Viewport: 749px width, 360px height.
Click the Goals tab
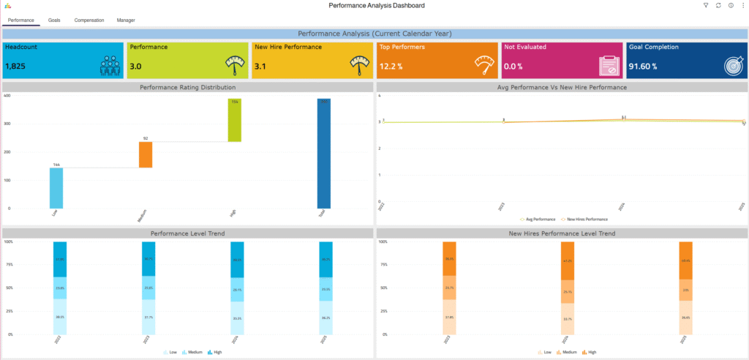(54, 20)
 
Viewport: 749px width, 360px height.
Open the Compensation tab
(89, 20)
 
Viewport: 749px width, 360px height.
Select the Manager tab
(126, 20)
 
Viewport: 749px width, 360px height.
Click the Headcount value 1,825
(15, 67)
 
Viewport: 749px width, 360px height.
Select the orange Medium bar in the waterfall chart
(146, 154)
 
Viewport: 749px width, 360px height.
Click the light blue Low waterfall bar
(56, 188)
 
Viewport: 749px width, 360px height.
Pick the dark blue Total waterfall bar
(323, 154)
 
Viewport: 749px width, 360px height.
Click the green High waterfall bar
(234, 120)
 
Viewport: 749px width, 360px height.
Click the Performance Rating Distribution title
(188, 88)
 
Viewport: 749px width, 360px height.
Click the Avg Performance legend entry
(540, 219)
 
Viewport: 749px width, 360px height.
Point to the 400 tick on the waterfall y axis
(7, 96)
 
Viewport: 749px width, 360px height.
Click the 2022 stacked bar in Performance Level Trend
(60, 288)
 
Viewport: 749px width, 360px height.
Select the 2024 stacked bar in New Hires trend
(568, 288)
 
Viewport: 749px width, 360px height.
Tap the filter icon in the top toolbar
(706, 6)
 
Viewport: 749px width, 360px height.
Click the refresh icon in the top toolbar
(718, 6)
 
